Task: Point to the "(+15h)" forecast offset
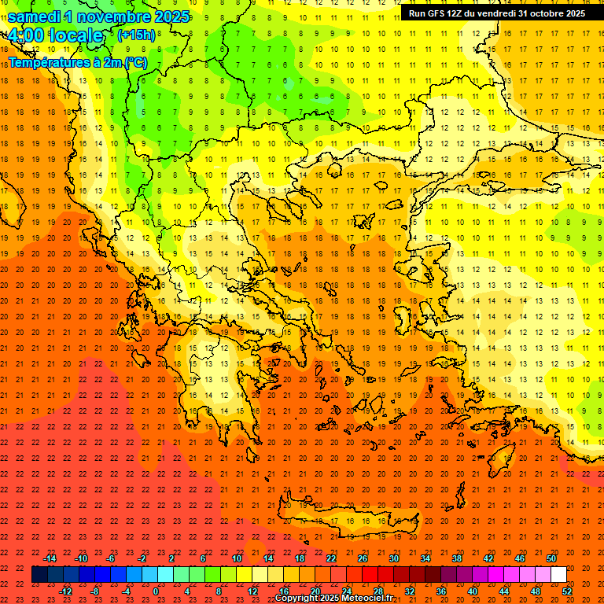(136, 35)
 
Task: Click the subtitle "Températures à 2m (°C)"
(77, 61)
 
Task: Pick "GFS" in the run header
(440, 13)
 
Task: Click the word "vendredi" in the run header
(496, 13)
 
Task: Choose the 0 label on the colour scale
(156, 591)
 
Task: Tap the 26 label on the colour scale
(363, 558)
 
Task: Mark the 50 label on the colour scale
(551, 558)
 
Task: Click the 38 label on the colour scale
(457, 558)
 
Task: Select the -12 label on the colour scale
(66, 591)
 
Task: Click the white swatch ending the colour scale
(558, 575)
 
